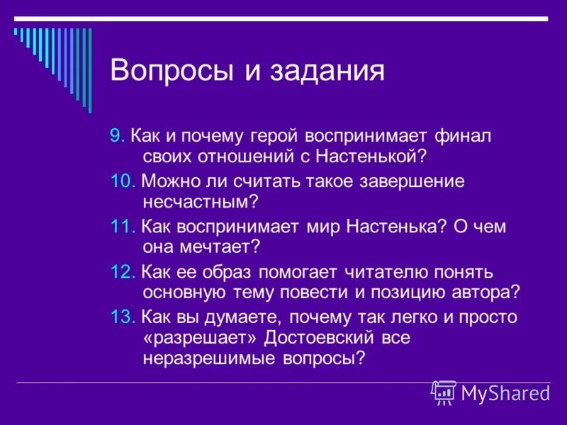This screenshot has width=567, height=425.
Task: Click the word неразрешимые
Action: pyautogui.click(x=210, y=358)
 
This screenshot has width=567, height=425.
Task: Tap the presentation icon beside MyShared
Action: pyautogui.click(x=443, y=392)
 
